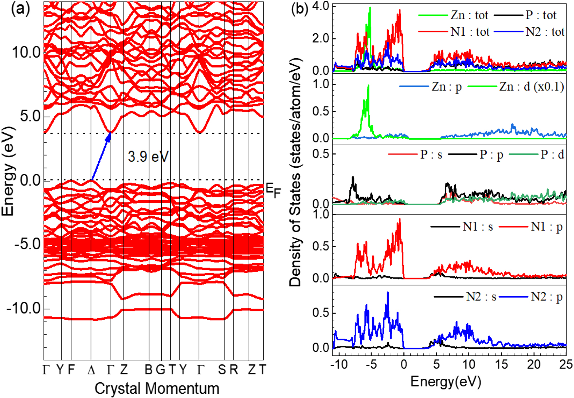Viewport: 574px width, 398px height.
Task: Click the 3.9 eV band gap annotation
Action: pos(148,157)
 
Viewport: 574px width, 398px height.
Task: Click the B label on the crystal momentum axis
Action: pos(148,370)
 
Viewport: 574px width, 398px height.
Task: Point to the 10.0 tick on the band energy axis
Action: pos(26,53)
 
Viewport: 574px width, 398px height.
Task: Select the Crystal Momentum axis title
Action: pos(157,388)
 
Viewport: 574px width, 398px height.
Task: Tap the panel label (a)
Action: pos(20,9)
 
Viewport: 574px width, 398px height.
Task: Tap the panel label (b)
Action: pos(299,9)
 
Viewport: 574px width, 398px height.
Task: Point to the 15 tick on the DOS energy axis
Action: pos(501,364)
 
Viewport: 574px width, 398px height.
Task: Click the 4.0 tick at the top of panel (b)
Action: pos(320,6)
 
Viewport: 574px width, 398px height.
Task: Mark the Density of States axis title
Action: pos(296,172)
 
